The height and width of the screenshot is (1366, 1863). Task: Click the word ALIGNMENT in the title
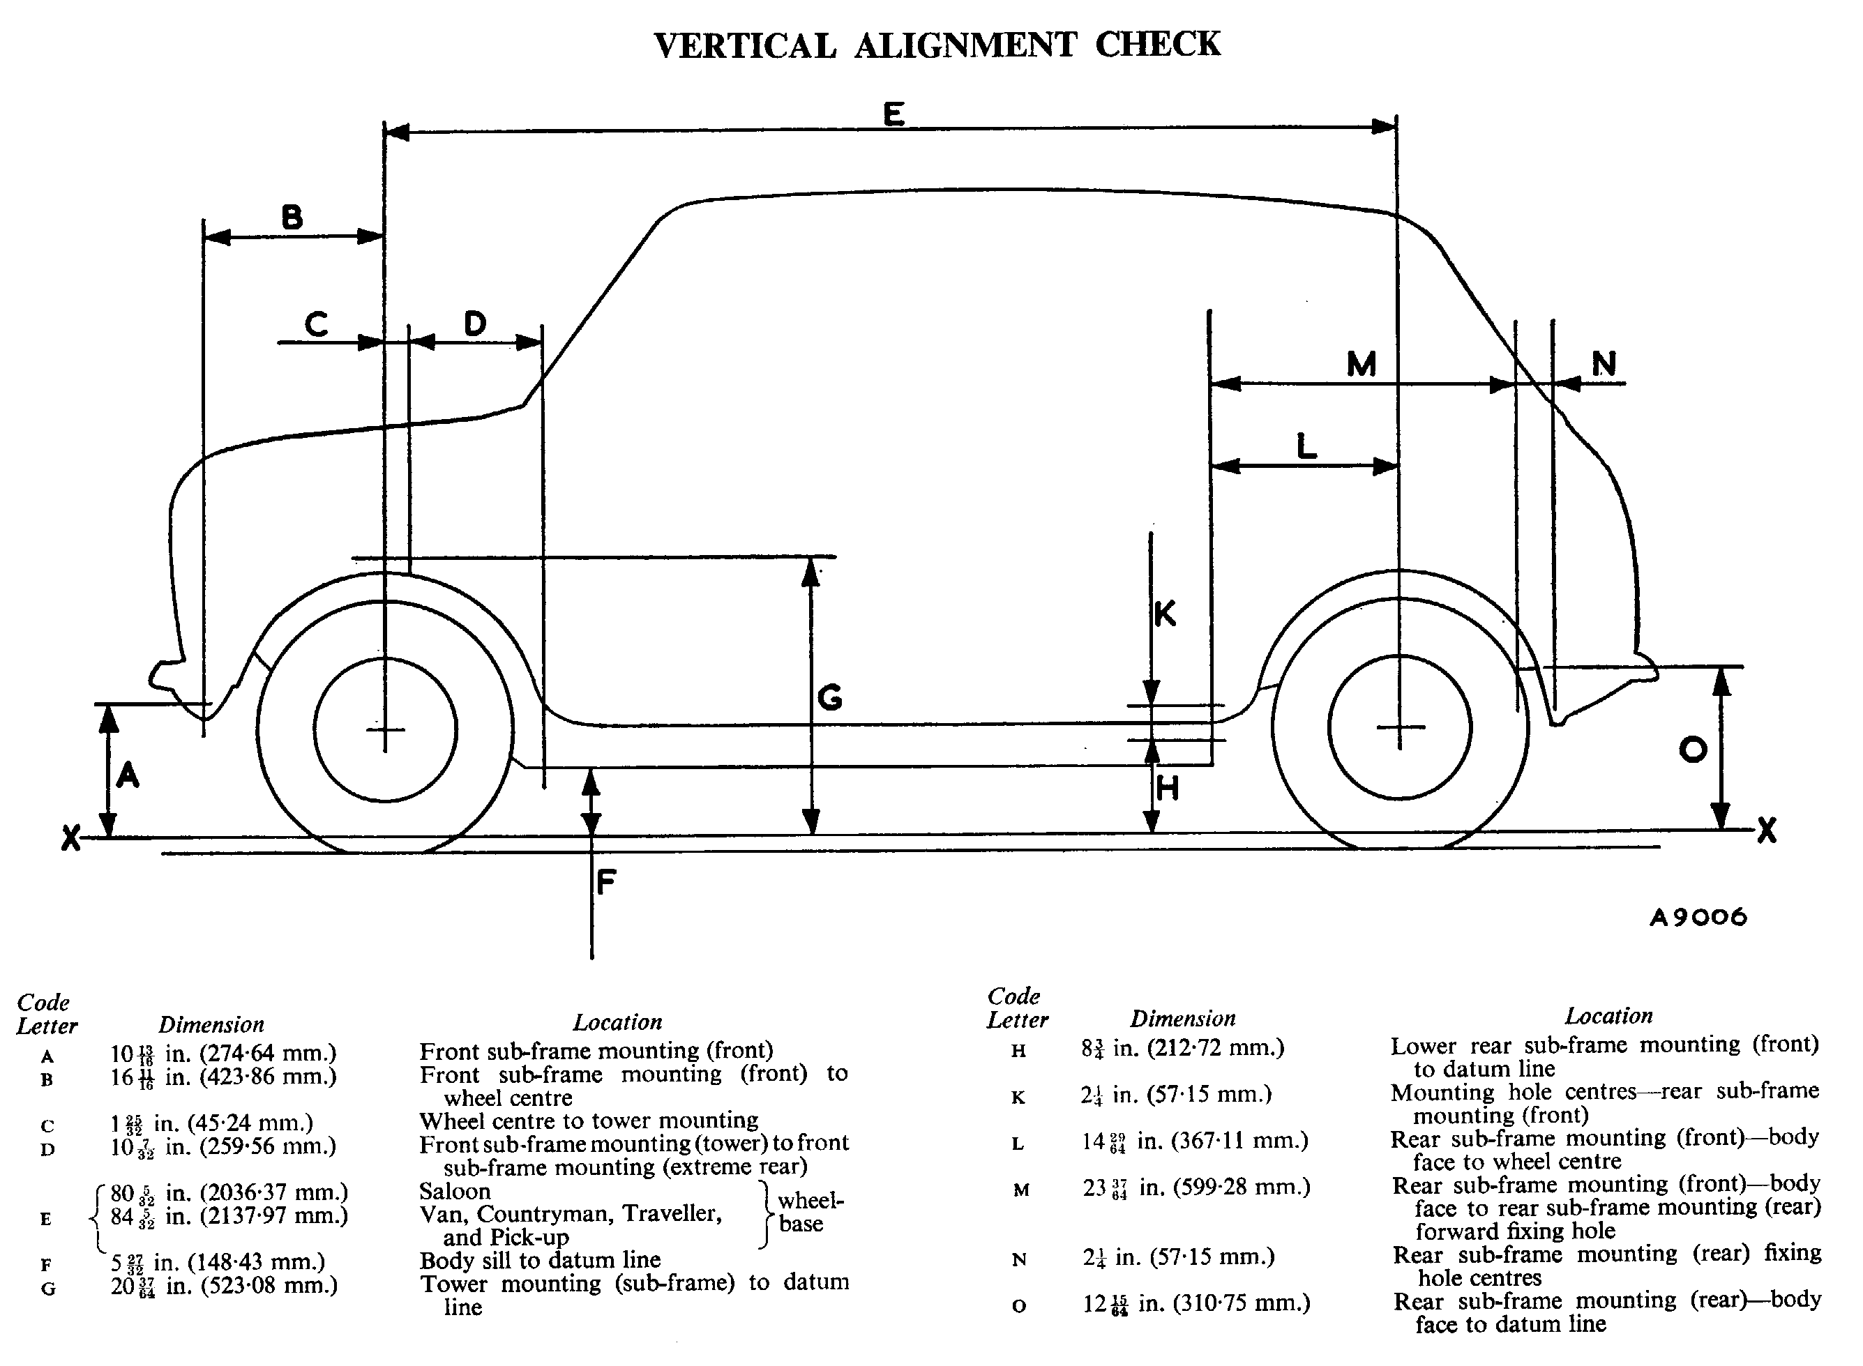point(965,45)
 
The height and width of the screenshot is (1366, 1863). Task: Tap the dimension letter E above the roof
point(893,114)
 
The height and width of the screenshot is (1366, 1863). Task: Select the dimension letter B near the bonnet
point(292,218)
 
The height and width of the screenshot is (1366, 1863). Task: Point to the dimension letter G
point(829,698)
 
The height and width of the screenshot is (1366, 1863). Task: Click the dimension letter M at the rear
point(1361,364)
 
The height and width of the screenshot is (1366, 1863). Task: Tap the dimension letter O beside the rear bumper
point(1693,750)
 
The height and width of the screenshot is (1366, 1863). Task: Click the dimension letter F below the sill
point(606,883)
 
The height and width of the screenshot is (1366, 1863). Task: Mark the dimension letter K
point(1165,614)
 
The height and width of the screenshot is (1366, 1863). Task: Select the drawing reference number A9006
point(1698,918)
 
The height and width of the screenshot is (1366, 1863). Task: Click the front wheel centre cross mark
point(385,729)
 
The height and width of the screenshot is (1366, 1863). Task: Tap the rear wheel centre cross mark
point(1400,727)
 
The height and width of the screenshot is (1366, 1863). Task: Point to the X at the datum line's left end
point(71,838)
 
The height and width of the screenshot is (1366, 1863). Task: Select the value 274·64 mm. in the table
point(268,1054)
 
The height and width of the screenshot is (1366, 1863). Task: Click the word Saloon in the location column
point(455,1192)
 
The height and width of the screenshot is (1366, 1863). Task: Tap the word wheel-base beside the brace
point(808,1212)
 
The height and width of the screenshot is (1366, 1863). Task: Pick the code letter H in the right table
point(1019,1051)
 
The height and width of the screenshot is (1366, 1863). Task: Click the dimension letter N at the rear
point(1604,364)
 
